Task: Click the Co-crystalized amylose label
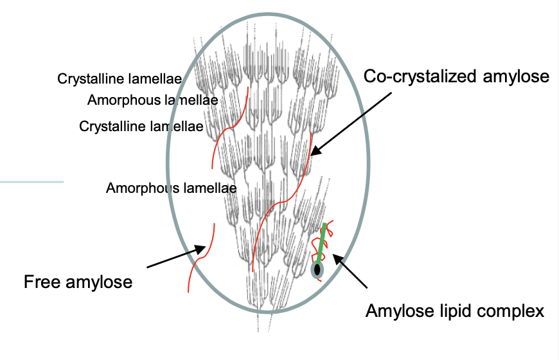456,76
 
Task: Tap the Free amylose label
78,282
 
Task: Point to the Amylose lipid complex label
454,312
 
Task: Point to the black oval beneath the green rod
317,270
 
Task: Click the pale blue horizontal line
31,182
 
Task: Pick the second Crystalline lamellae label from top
141,126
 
